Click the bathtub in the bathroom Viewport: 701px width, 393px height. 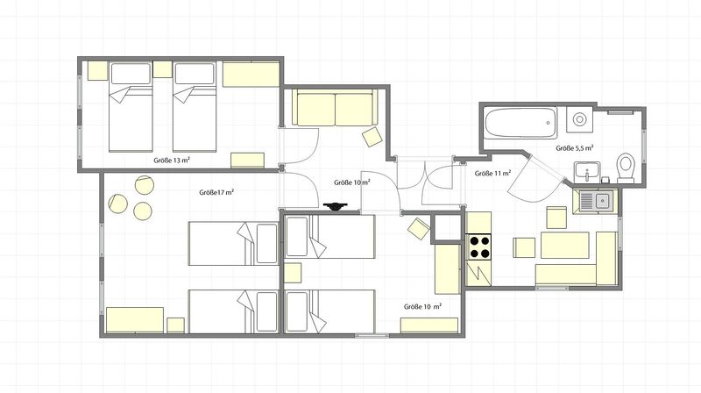(x=520, y=123)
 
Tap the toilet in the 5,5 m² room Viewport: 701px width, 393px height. (x=626, y=168)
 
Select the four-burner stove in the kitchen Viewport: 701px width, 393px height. (x=479, y=247)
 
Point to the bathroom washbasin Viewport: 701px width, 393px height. (x=587, y=172)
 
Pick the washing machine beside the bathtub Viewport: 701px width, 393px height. (x=579, y=119)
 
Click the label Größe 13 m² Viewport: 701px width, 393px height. (x=172, y=160)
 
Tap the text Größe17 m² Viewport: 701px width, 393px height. (x=216, y=192)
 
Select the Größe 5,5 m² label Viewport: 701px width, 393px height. (x=575, y=147)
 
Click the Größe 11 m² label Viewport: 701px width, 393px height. (x=493, y=173)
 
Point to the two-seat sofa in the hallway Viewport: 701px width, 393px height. (x=335, y=107)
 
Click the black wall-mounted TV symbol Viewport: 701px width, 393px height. (x=336, y=206)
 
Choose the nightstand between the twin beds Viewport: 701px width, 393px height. (x=163, y=69)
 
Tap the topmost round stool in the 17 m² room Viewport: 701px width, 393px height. (x=145, y=185)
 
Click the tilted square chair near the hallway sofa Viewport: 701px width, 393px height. (x=372, y=137)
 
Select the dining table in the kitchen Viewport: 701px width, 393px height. (x=565, y=245)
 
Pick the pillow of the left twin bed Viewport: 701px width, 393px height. (x=131, y=74)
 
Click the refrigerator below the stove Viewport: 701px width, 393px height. (x=478, y=273)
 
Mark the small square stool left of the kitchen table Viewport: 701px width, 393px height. (x=523, y=247)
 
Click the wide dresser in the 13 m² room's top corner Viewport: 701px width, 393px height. (x=251, y=74)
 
